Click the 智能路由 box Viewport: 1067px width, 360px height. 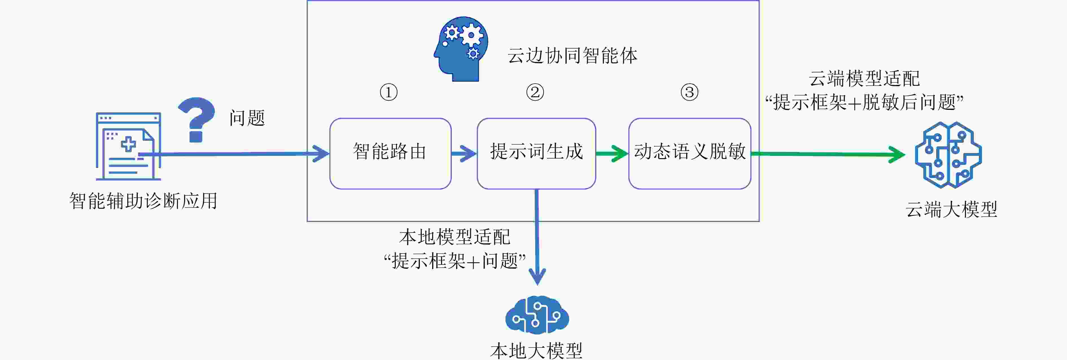390,153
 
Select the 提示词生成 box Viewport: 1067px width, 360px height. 536,153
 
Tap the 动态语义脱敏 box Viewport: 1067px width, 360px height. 690,153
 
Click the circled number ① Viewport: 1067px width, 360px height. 388,92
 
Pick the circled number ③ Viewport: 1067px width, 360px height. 690,92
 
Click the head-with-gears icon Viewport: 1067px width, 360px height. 461,49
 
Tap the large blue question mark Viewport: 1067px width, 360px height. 196,119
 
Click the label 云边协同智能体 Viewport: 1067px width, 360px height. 572,56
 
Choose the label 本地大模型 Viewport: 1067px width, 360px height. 536,350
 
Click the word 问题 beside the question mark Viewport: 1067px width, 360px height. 247,118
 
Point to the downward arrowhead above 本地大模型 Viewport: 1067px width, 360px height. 537,277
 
